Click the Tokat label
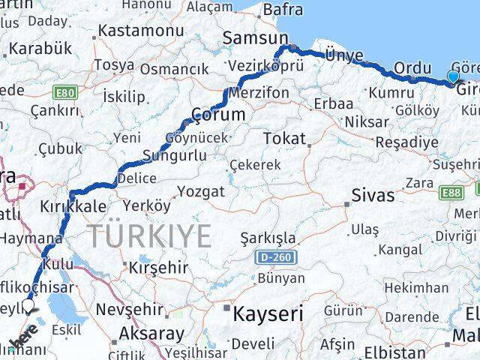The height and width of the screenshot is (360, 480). pos(285,139)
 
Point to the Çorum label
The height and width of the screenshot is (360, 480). pos(218,115)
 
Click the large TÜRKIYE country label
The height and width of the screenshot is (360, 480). pos(151,236)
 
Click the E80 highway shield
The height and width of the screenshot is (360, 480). pos(66,92)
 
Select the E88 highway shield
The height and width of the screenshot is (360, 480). pos(452,193)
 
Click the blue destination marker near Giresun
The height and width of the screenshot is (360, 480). pos(453,76)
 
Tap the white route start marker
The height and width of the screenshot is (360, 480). pos(28,304)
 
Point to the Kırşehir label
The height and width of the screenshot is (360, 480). pos(157,267)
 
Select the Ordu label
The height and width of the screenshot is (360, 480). pos(413,67)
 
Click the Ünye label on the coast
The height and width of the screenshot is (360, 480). pos(344,55)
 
